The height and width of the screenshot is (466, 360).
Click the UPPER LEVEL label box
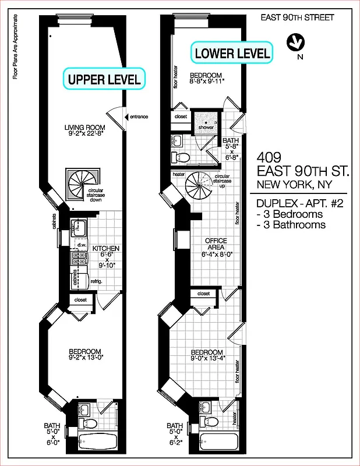click(x=104, y=80)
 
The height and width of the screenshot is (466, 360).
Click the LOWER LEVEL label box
click(x=232, y=54)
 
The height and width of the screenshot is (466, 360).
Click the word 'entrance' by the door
click(x=139, y=116)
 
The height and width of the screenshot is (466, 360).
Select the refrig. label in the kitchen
click(x=96, y=281)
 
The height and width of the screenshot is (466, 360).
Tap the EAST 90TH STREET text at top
click(x=297, y=17)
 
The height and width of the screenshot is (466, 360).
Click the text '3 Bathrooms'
click(x=291, y=225)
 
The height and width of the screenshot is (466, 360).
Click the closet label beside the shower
click(x=181, y=116)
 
